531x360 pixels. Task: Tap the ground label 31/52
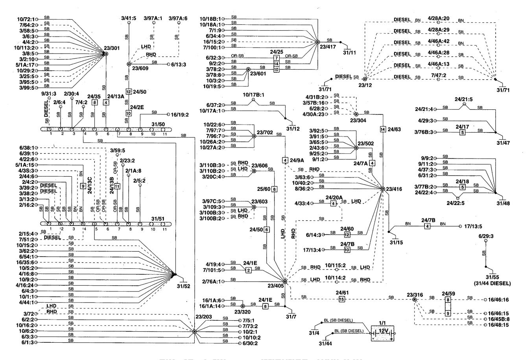[x=184, y=286]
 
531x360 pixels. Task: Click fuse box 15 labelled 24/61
[x=341, y=299]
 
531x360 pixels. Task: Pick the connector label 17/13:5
[x=474, y=227]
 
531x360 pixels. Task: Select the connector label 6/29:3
[x=486, y=236]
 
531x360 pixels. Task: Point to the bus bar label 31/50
[x=158, y=124]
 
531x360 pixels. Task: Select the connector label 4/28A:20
[x=435, y=19]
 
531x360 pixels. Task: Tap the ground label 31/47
[x=503, y=142]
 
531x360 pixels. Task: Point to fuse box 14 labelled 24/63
[x=383, y=129]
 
